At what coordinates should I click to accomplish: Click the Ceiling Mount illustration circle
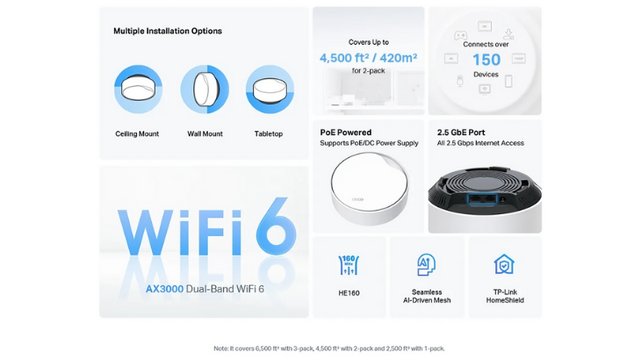pos(138,89)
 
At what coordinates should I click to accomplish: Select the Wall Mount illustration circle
pos(205,89)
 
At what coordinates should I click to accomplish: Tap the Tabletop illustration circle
pos(270,89)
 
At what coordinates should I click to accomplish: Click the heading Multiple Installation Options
pos(168,31)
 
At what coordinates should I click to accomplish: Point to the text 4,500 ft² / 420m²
pos(368,58)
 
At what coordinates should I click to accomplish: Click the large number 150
pos(486,60)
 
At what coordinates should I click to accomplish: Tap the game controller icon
pos(460,35)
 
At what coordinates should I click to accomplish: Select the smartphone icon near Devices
pos(508,81)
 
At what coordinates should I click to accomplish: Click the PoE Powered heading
pos(346,133)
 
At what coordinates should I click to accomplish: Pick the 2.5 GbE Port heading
pos(461,133)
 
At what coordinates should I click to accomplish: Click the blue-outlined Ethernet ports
pos(482,199)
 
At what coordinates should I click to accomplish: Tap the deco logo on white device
pos(357,199)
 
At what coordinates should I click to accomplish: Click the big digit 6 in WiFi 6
pos(277,226)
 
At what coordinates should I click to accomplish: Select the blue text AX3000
pos(165,289)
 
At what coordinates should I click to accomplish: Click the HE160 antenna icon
pos(349,265)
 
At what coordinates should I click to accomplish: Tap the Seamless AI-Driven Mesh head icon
pos(427,264)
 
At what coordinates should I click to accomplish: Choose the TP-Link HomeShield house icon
pos(504,264)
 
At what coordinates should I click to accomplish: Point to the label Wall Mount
pos(205,133)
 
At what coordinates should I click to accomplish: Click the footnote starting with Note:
pos(329,349)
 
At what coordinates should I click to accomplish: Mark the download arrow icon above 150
pos(508,33)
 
